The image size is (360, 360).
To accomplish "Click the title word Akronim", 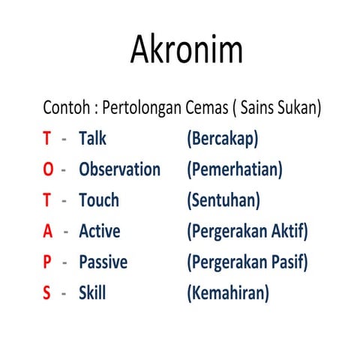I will (x=187, y=50).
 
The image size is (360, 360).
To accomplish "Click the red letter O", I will (x=48, y=169).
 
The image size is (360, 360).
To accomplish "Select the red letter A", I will (x=47, y=231).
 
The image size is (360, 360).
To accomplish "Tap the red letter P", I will (x=46, y=262).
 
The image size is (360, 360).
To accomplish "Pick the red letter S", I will (x=46, y=292).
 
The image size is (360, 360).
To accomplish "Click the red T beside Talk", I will (x=46, y=139).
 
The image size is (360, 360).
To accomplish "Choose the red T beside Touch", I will (x=46, y=200).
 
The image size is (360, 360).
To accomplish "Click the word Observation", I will (x=119, y=169).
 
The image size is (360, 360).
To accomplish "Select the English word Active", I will (x=99, y=231).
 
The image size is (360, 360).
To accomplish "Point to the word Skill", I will (x=92, y=292).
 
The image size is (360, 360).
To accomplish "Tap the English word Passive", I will (x=103, y=262).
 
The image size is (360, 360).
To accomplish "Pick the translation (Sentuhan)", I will (x=223, y=201).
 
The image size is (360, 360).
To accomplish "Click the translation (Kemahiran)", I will (x=227, y=293).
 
